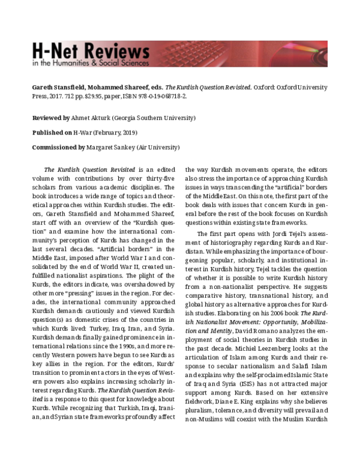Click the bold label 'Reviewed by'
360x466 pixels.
(52, 118)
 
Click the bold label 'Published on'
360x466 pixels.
(52, 133)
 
